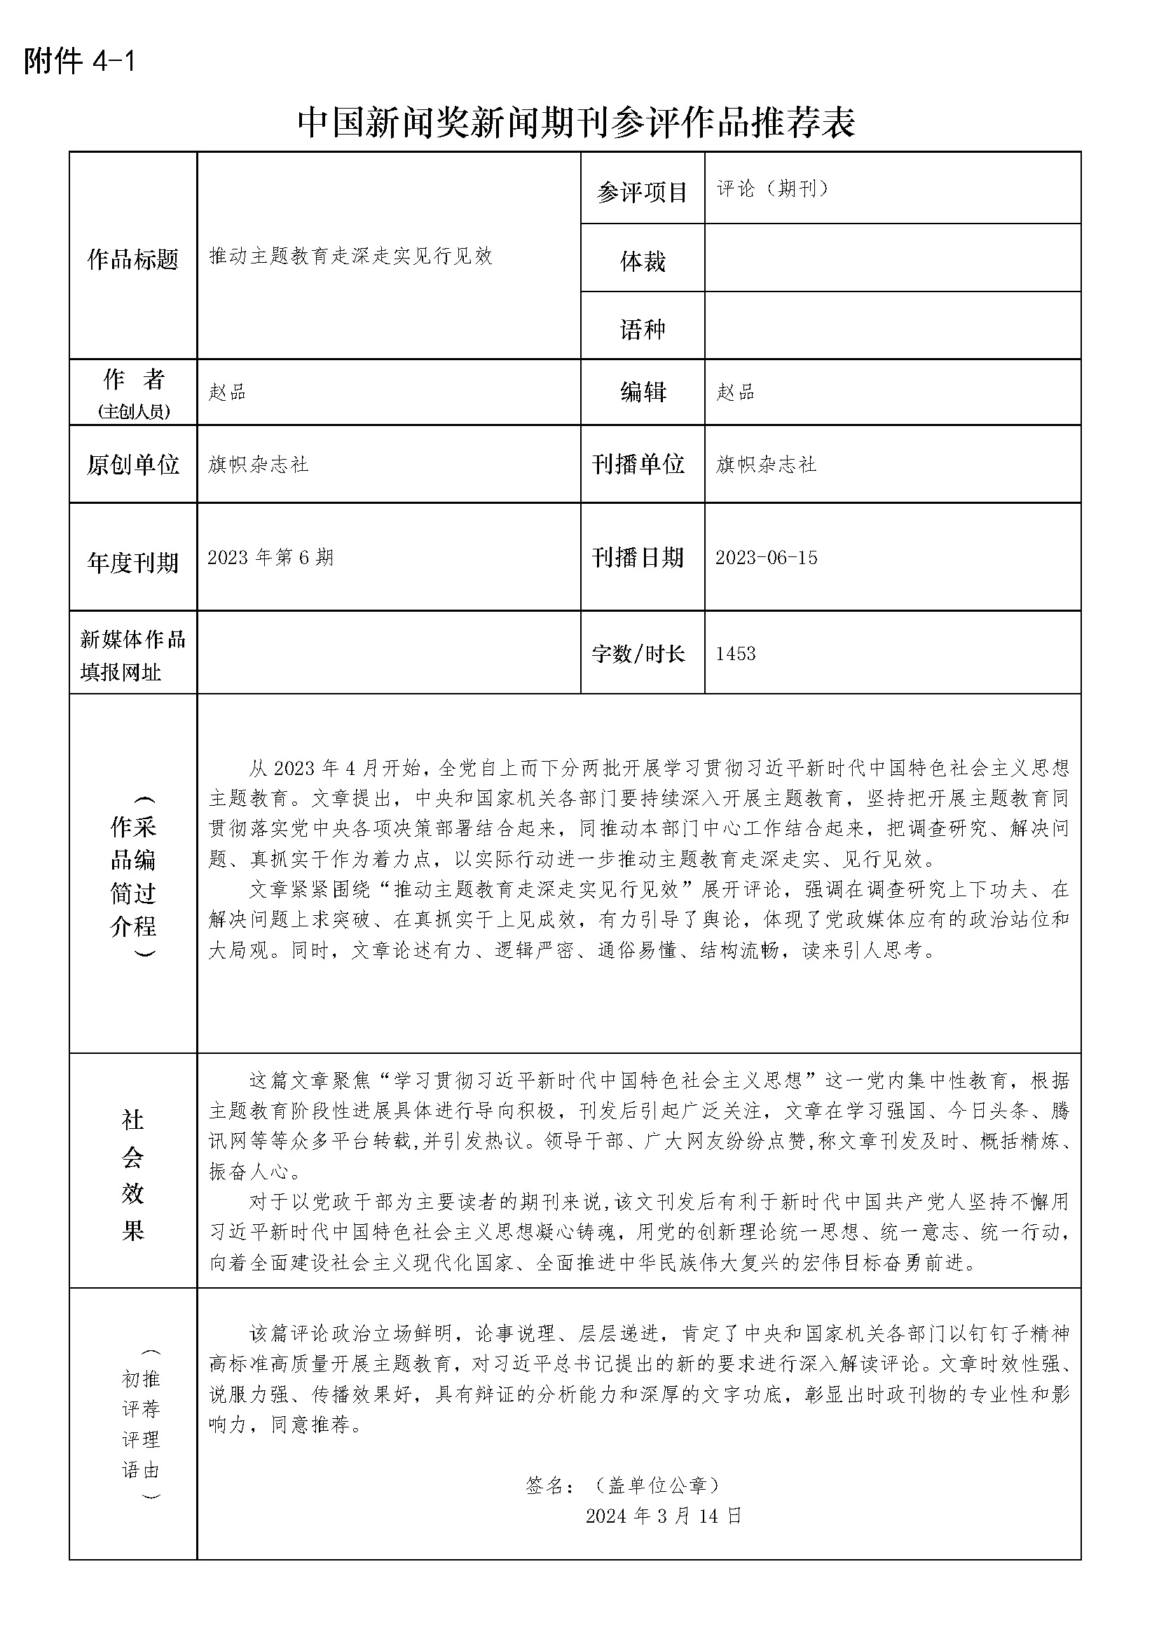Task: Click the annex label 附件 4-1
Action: pos(79,62)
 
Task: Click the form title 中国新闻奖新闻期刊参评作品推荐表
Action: pos(576,123)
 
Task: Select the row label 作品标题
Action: pos(132,260)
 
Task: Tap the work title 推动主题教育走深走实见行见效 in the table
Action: pos(350,256)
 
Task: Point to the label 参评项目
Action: pos(642,192)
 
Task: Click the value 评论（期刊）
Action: pos(773,188)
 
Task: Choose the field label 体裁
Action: pos(643,262)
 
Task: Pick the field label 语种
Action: pos(643,329)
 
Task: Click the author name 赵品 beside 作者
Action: pos(227,392)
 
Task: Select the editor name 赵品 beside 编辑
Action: pos(735,392)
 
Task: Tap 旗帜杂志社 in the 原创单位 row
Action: pos(259,465)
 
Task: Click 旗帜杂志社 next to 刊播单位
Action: pos(766,465)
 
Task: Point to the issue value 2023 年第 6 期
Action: pos(270,558)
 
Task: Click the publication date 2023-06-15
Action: pos(767,558)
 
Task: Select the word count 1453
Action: pos(735,653)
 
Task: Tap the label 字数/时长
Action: pos(638,653)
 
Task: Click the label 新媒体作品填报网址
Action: pos(132,655)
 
